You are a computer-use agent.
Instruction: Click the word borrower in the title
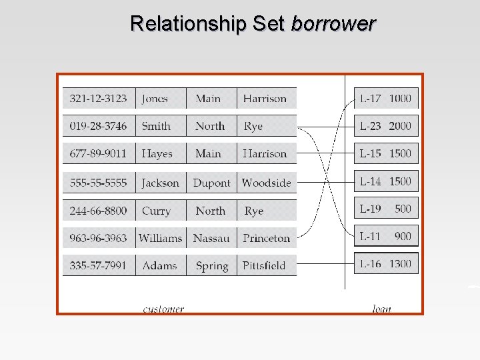point(333,24)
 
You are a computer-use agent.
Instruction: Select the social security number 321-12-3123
point(98,99)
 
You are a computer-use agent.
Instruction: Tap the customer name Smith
point(156,126)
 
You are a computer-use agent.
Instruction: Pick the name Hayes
point(157,154)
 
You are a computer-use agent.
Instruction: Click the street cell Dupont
point(211,183)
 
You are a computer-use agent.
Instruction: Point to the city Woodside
point(266,183)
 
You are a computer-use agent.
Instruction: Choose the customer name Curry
point(156,211)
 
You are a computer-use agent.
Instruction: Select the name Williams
point(160,238)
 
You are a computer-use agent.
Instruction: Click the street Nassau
point(211,238)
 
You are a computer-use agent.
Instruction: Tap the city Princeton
point(266,238)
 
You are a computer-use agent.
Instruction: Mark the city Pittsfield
point(264,265)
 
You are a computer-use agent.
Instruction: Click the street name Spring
point(211,265)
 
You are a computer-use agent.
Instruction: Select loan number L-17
point(370,99)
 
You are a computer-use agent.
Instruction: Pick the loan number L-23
point(370,126)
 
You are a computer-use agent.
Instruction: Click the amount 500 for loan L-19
point(403,209)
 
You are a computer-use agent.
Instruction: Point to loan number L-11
point(370,236)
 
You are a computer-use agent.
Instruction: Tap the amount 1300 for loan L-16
point(400,264)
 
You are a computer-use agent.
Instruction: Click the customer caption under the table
point(163,309)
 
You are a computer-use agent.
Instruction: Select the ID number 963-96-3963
point(98,238)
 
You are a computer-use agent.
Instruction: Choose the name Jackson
point(160,183)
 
